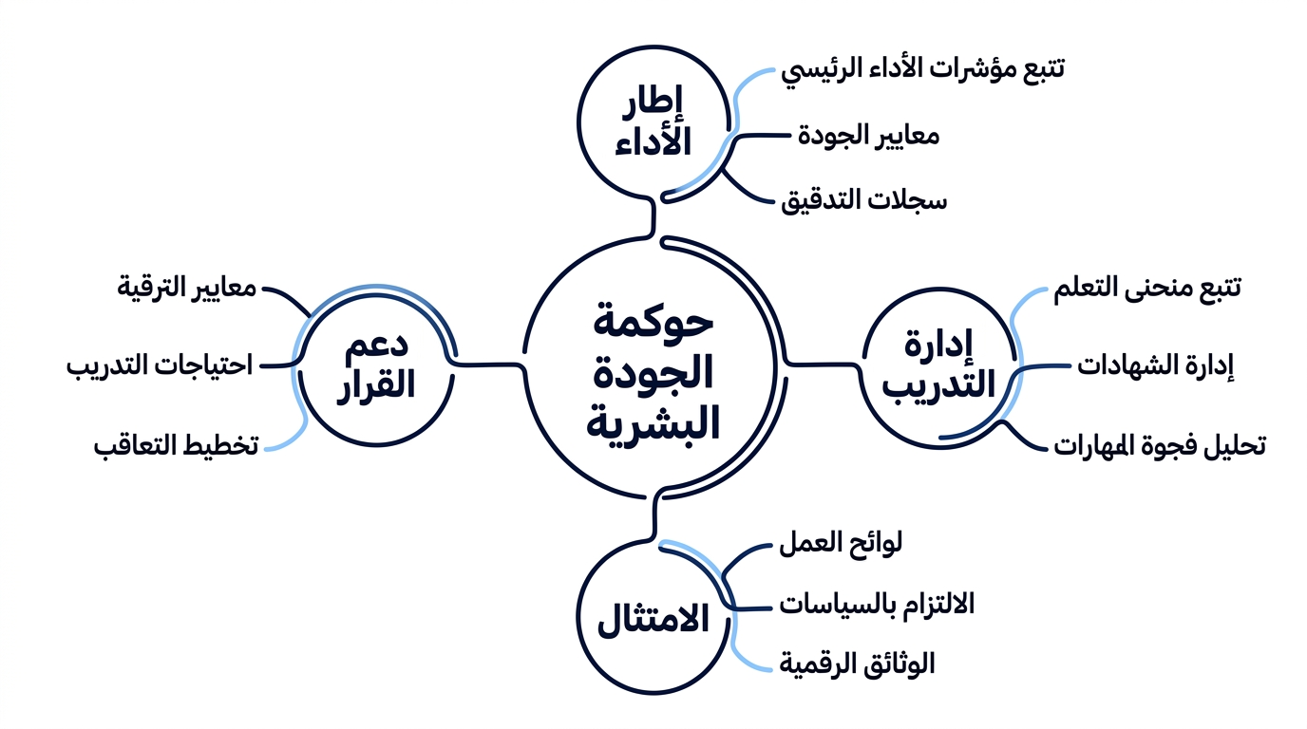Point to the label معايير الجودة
click(x=869, y=136)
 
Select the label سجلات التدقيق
click(x=864, y=200)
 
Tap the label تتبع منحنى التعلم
click(x=1147, y=289)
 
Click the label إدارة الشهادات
click(x=1156, y=366)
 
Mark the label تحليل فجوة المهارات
click(x=1160, y=446)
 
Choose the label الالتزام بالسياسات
click(x=877, y=605)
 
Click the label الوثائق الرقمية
click(x=857, y=664)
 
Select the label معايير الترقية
click(x=187, y=288)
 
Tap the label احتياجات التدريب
click(x=160, y=366)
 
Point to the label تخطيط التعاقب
click(x=177, y=446)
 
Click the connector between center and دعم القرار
click(x=489, y=365)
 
